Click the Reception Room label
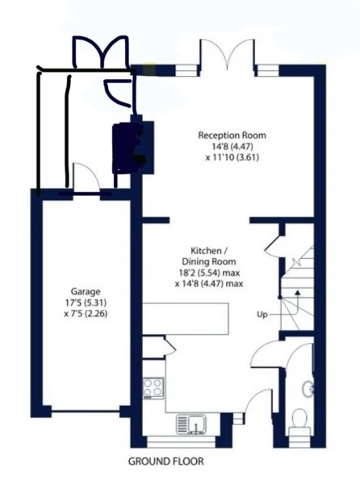[x=232, y=136]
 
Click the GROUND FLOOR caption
[x=166, y=461]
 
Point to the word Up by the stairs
[x=262, y=315]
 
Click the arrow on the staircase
[x=297, y=301]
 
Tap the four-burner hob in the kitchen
[x=153, y=388]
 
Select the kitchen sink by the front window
[x=191, y=425]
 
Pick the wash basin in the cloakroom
[x=309, y=389]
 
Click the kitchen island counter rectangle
[x=186, y=319]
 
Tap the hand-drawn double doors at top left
[x=101, y=52]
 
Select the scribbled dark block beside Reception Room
[x=128, y=148]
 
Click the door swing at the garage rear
[x=86, y=178]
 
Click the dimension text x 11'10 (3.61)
[x=232, y=157]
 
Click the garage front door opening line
[x=86, y=411]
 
